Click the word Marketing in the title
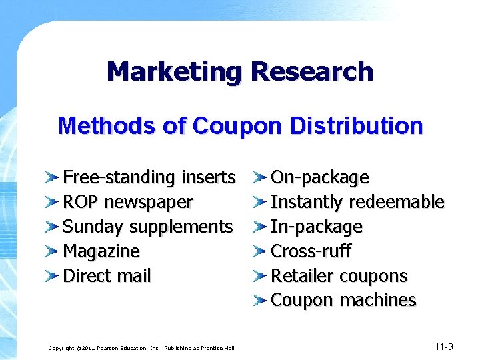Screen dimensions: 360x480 click(x=174, y=71)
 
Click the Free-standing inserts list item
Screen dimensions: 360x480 click(x=149, y=177)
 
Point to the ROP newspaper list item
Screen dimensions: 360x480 click(x=127, y=202)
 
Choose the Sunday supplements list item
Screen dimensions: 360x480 click(x=147, y=227)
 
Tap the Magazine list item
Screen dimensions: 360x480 click(x=101, y=251)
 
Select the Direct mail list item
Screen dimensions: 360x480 click(x=107, y=276)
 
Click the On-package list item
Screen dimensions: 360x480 click(x=319, y=177)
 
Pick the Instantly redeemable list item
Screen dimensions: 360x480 click(x=357, y=202)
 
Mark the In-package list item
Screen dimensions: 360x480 click(x=316, y=227)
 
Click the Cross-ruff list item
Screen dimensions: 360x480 click(x=311, y=251)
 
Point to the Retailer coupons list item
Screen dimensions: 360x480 click(x=339, y=276)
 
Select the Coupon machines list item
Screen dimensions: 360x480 click(x=343, y=301)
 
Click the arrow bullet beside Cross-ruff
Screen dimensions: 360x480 click(x=259, y=252)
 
